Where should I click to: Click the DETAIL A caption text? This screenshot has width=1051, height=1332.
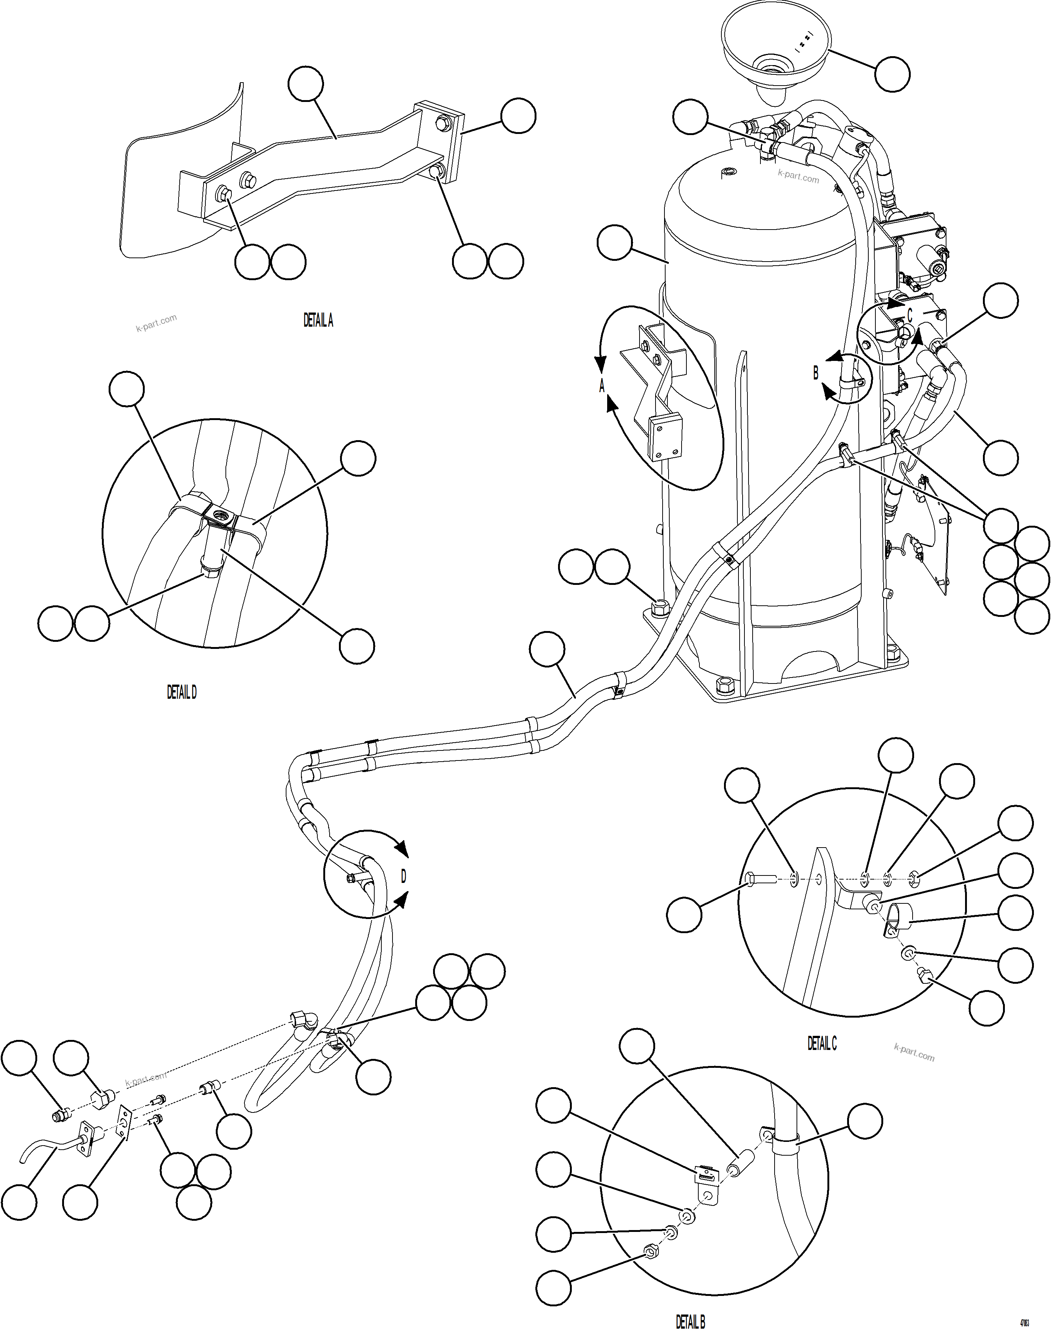point(318,321)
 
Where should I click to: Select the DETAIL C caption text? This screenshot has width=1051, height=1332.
point(822,1043)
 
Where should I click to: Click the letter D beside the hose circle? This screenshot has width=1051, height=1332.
point(404,876)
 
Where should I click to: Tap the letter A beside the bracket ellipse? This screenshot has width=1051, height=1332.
point(602,386)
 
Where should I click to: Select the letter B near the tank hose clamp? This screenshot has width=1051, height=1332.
point(816,373)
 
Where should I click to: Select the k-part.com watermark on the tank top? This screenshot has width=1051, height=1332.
point(798,177)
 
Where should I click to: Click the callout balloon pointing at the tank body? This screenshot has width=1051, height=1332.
point(614,243)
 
